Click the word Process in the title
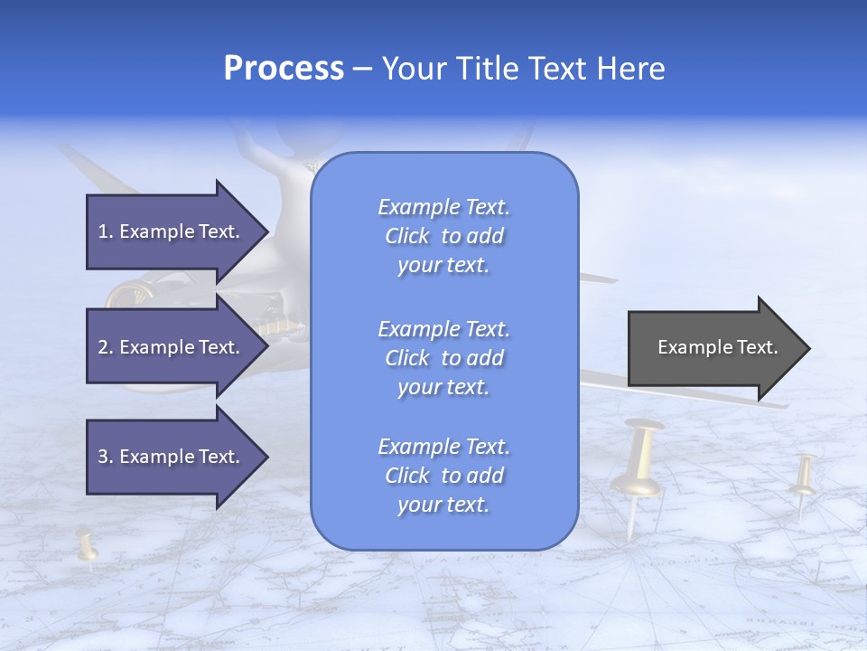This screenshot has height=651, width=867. (284, 69)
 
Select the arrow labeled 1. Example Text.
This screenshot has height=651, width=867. (172, 231)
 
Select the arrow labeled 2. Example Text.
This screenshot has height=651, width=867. (172, 347)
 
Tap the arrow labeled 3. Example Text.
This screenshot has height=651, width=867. (172, 457)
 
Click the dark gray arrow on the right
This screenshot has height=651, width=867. (713, 348)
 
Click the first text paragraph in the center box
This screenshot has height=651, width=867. (443, 236)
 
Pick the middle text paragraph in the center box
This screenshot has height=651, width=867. (443, 357)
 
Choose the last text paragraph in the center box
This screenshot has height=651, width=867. (443, 476)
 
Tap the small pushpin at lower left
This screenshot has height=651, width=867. (87, 544)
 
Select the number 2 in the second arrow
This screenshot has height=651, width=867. (102, 347)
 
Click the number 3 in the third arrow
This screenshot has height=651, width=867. (102, 457)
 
